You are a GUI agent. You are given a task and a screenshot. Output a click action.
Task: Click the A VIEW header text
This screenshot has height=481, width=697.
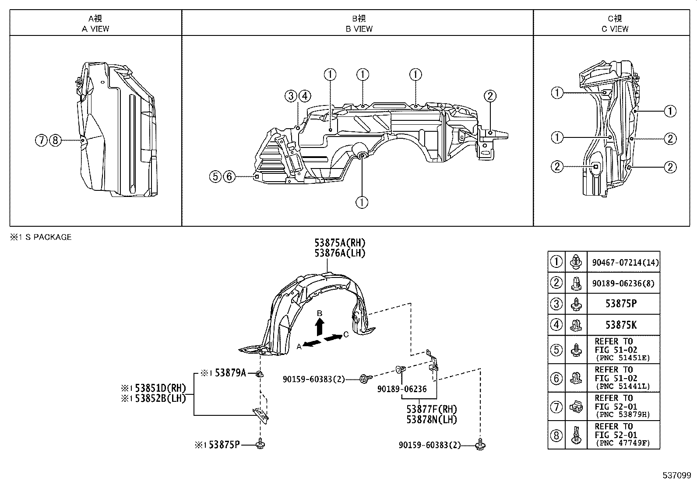coord(95,29)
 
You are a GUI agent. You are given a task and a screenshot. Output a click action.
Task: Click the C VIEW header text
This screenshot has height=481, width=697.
coord(615,29)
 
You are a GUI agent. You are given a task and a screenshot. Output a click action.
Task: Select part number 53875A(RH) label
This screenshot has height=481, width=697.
coord(339,243)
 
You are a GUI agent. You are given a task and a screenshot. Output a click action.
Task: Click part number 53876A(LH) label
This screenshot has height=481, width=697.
coord(339,253)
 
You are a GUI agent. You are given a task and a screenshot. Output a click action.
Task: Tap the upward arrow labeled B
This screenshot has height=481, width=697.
coord(320,327)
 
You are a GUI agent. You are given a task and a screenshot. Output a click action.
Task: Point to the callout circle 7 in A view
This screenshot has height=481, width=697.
coord(41,140)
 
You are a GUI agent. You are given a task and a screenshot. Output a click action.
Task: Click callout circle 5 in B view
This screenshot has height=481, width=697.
coord(215,176)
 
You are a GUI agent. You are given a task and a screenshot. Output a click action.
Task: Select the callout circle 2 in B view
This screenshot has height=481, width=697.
coord(490,96)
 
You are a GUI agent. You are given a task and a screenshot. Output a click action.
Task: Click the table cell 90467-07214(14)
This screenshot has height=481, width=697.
coord(625,263)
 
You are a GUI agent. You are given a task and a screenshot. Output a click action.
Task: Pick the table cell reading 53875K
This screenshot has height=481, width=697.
coord(620,325)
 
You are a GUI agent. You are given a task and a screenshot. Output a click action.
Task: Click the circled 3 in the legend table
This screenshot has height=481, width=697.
coord(556,304)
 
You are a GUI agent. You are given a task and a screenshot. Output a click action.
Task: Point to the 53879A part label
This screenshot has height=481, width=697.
coord(228,373)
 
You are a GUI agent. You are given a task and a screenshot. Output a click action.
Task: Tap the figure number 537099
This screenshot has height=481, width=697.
coord(676,475)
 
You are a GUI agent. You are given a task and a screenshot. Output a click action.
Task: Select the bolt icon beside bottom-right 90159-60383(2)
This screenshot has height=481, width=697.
coord(481,446)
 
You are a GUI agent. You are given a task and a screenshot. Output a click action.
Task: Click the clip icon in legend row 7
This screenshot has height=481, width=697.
coord(576,407)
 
